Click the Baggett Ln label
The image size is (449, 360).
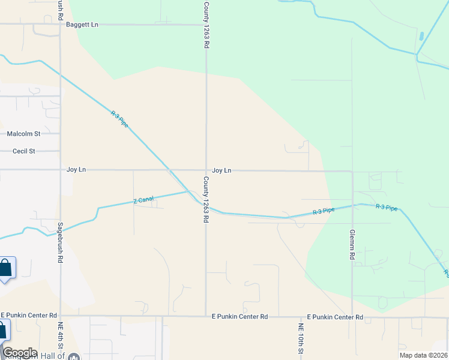[x=82, y=25]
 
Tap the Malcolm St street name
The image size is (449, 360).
[x=23, y=134]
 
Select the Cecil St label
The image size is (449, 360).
[x=24, y=151]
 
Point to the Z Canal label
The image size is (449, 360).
[x=143, y=200]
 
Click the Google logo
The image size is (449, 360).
[x=20, y=353]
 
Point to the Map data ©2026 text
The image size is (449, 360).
[x=423, y=355]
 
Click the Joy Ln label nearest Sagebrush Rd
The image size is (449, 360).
[x=76, y=170]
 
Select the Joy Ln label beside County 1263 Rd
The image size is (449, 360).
[x=221, y=170]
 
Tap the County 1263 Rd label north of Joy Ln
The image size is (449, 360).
[x=206, y=25]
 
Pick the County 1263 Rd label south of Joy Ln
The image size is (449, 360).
[x=206, y=200]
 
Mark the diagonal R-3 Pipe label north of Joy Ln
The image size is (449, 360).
[x=119, y=118]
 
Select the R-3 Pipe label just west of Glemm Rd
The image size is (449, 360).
[x=324, y=211]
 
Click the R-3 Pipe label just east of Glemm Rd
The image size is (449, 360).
[x=387, y=208]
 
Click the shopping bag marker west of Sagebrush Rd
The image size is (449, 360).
[x=5, y=268]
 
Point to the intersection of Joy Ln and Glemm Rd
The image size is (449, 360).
[x=352, y=171]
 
